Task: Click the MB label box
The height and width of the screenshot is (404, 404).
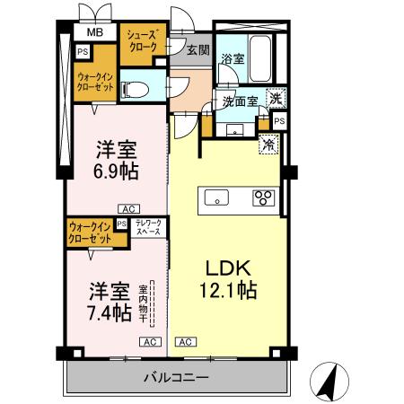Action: click(x=94, y=33)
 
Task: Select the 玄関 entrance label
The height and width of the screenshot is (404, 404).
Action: click(x=198, y=51)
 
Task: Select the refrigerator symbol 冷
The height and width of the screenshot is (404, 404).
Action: click(x=268, y=143)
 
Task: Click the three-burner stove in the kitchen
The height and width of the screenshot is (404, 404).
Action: click(x=263, y=198)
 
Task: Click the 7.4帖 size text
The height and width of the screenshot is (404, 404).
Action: click(x=109, y=312)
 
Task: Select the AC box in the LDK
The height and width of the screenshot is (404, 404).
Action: click(x=186, y=342)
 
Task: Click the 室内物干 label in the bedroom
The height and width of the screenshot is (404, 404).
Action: click(x=143, y=305)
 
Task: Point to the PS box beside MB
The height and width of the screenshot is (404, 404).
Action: click(x=82, y=50)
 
